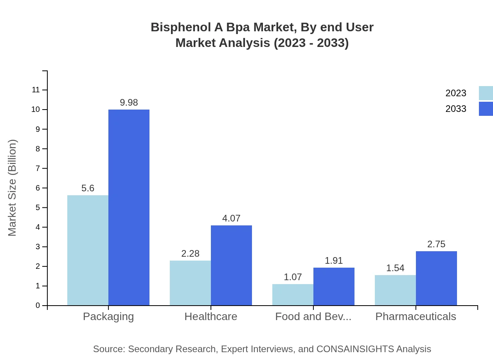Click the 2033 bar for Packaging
click(x=129, y=207)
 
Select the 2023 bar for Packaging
click(x=88, y=250)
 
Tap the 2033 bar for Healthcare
click(x=231, y=265)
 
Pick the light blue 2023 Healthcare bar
click(x=190, y=283)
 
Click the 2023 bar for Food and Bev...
click(x=293, y=295)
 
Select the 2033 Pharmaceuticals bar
click(x=436, y=278)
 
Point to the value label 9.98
click(x=129, y=103)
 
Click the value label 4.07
click(x=231, y=218)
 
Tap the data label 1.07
click(x=293, y=277)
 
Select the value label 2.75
click(x=436, y=244)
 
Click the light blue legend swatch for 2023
click(x=486, y=93)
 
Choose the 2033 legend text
click(x=456, y=109)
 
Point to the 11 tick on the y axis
click(x=36, y=90)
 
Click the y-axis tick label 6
click(x=38, y=188)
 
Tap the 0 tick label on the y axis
click(x=38, y=305)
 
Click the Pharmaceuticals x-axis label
click(x=416, y=316)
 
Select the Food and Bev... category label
click(x=313, y=316)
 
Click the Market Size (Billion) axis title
click(x=13, y=188)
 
